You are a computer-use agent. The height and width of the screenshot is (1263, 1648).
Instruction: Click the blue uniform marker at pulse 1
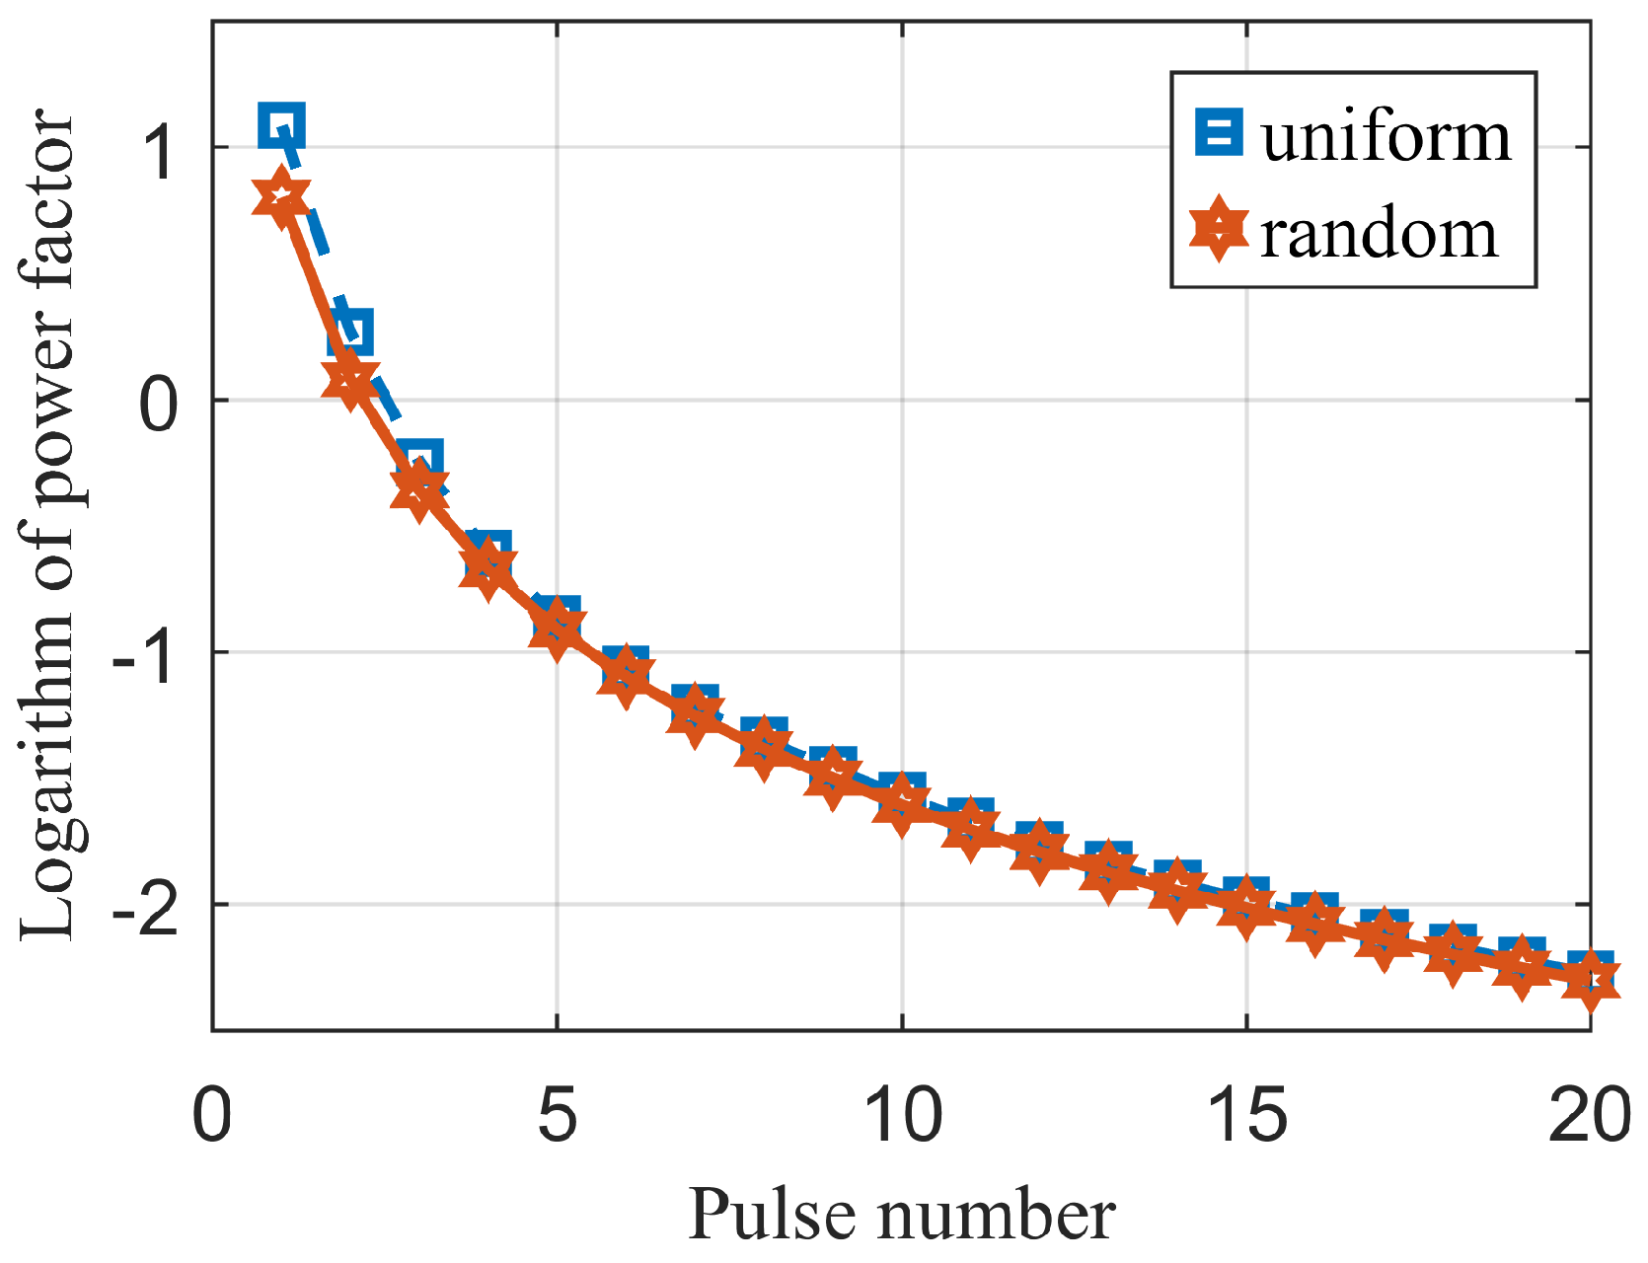pos(281,125)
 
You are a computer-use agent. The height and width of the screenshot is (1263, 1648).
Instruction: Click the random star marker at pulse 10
pos(901,801)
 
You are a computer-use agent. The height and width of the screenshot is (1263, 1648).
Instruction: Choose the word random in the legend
pos(1380,235)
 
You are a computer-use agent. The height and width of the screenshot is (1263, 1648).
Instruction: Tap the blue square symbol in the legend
pos(1219,132)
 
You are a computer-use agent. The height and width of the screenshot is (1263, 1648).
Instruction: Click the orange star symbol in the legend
pos(1219,230)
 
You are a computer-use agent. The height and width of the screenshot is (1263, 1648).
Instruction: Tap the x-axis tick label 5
pos(557,1115)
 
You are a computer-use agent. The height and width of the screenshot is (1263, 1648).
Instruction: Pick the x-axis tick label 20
pos(1588,1115)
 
